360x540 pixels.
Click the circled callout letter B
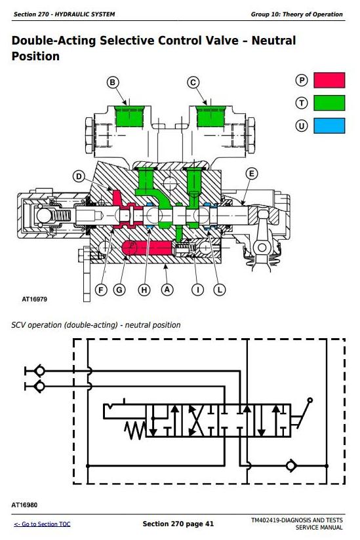(112, 83)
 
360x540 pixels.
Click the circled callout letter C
(193, 83)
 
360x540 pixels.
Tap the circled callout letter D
(79, 177)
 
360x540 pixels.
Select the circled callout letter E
(252, 174)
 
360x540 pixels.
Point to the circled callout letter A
(167, 290)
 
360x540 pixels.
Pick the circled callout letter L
(220, 290)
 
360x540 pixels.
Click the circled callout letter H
(144, 290)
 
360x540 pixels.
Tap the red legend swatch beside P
(329, 80)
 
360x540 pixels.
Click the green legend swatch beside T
(329, 103)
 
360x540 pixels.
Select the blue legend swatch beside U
(329, 126)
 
